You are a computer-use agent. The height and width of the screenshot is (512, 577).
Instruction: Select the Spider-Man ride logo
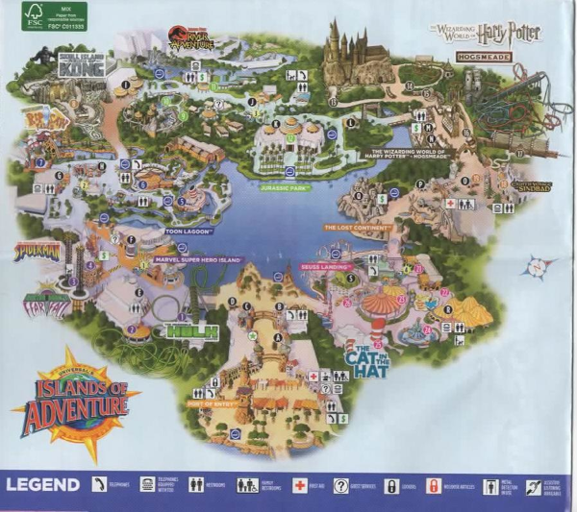(37, 251)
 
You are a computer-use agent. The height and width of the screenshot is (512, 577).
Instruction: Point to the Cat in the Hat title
(370, 363)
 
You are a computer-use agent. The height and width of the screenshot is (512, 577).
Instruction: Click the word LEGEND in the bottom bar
(43, 484)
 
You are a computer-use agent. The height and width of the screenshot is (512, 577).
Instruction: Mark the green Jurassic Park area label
(285, 188)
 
